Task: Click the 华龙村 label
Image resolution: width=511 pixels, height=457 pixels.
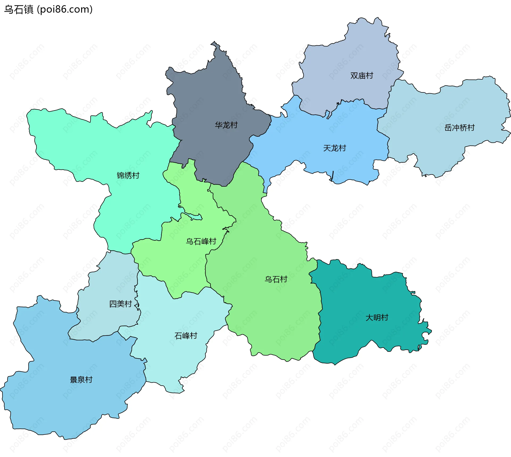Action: [226, 125]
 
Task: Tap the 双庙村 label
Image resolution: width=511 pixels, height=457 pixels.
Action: [362, 76]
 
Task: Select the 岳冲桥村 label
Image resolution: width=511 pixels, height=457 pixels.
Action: [459, 128]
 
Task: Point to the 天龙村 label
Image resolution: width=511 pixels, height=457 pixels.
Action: [335, 148]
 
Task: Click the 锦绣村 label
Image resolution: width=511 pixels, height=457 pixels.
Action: [128, 176]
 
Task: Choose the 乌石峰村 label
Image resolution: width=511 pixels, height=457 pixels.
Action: [201, 242]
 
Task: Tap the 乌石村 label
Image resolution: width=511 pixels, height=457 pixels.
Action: [276, 279]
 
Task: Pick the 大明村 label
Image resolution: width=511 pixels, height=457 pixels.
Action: [377, 317]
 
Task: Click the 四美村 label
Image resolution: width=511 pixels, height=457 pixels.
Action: [121, 304]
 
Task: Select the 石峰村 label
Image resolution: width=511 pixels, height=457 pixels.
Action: [186, 336]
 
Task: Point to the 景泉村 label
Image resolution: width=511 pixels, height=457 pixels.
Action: [81, 380]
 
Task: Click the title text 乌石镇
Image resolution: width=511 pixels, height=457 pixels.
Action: [19, 10]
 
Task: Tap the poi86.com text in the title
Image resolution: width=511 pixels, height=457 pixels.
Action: [65, 10]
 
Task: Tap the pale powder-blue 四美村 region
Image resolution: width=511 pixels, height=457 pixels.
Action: [112, 282]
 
